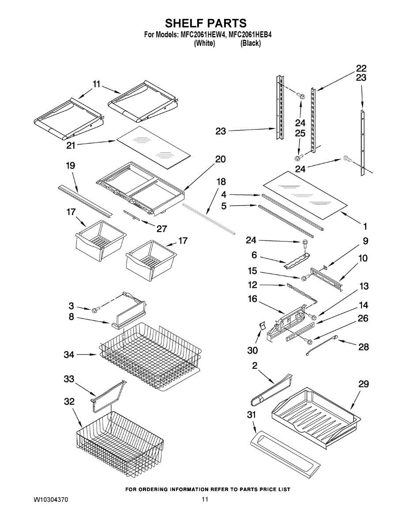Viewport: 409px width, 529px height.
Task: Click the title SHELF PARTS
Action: pos(206,23)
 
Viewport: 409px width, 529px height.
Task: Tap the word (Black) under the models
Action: pos(251,43)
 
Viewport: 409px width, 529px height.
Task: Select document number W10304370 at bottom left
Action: pos(51,500)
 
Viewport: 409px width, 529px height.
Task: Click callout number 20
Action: pos(220,159)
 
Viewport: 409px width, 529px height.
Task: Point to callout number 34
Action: pos(69,354)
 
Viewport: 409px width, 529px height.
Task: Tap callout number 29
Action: pos(363,384)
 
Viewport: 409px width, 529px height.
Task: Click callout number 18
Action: pos(221,182)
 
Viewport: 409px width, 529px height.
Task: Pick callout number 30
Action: pos(253,350)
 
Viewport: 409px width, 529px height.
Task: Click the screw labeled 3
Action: pos(94,311)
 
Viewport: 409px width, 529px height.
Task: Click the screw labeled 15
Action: pos(304,278)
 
